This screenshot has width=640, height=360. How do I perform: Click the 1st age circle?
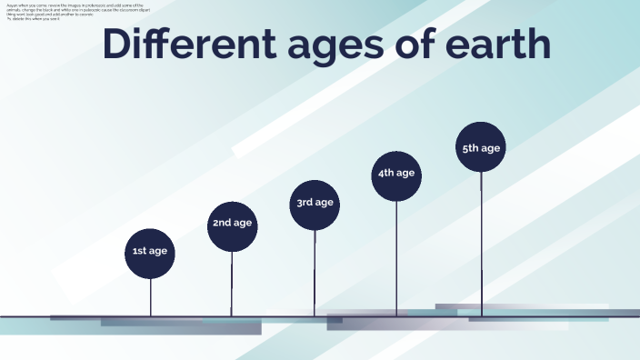point(150,251)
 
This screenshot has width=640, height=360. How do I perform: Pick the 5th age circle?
point(481,147)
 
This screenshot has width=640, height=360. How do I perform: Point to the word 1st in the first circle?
point(140,251)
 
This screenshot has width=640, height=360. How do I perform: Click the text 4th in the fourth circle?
point(386,174)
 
